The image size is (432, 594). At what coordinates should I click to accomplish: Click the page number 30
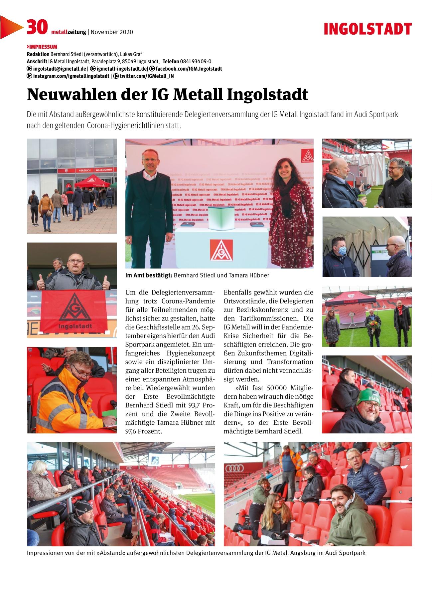[x=37, y=27]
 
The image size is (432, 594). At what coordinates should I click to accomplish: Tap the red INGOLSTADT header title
[x=367, y=29]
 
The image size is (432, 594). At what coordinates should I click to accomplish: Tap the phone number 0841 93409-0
[x=196, y=61]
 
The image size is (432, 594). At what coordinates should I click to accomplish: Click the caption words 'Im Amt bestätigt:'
[x=149, y=275]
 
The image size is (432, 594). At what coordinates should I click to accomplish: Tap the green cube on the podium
[x=219, y=218]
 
